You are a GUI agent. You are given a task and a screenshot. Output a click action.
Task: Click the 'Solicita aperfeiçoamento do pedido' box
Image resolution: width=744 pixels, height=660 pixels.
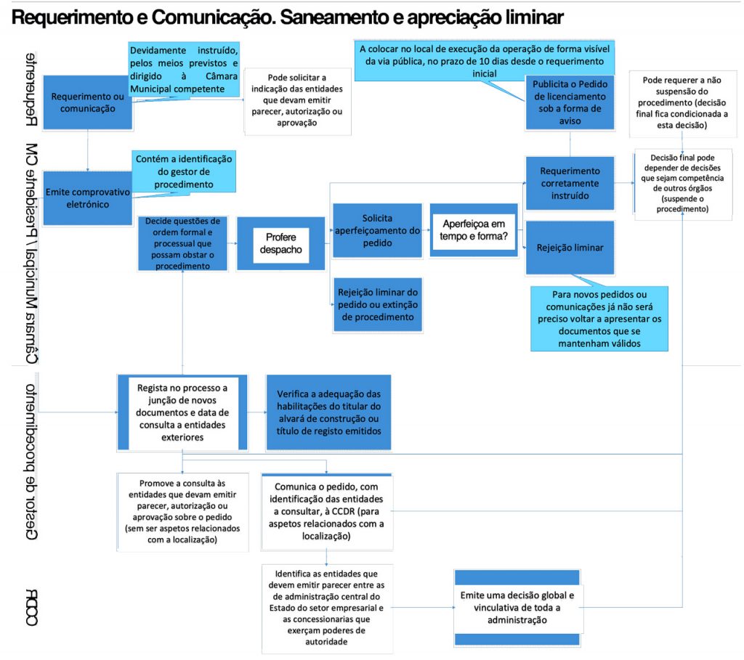point(377,231)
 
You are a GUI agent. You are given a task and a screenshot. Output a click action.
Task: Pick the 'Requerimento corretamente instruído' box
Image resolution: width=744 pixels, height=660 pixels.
point(570,183)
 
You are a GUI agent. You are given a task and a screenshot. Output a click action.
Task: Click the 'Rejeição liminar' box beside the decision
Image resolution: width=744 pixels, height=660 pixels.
point(570,248)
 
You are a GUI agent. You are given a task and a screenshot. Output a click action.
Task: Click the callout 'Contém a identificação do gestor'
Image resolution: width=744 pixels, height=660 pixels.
point(182,171)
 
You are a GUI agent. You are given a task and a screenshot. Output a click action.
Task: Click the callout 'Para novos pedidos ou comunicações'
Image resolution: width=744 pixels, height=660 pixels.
point(599,318)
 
